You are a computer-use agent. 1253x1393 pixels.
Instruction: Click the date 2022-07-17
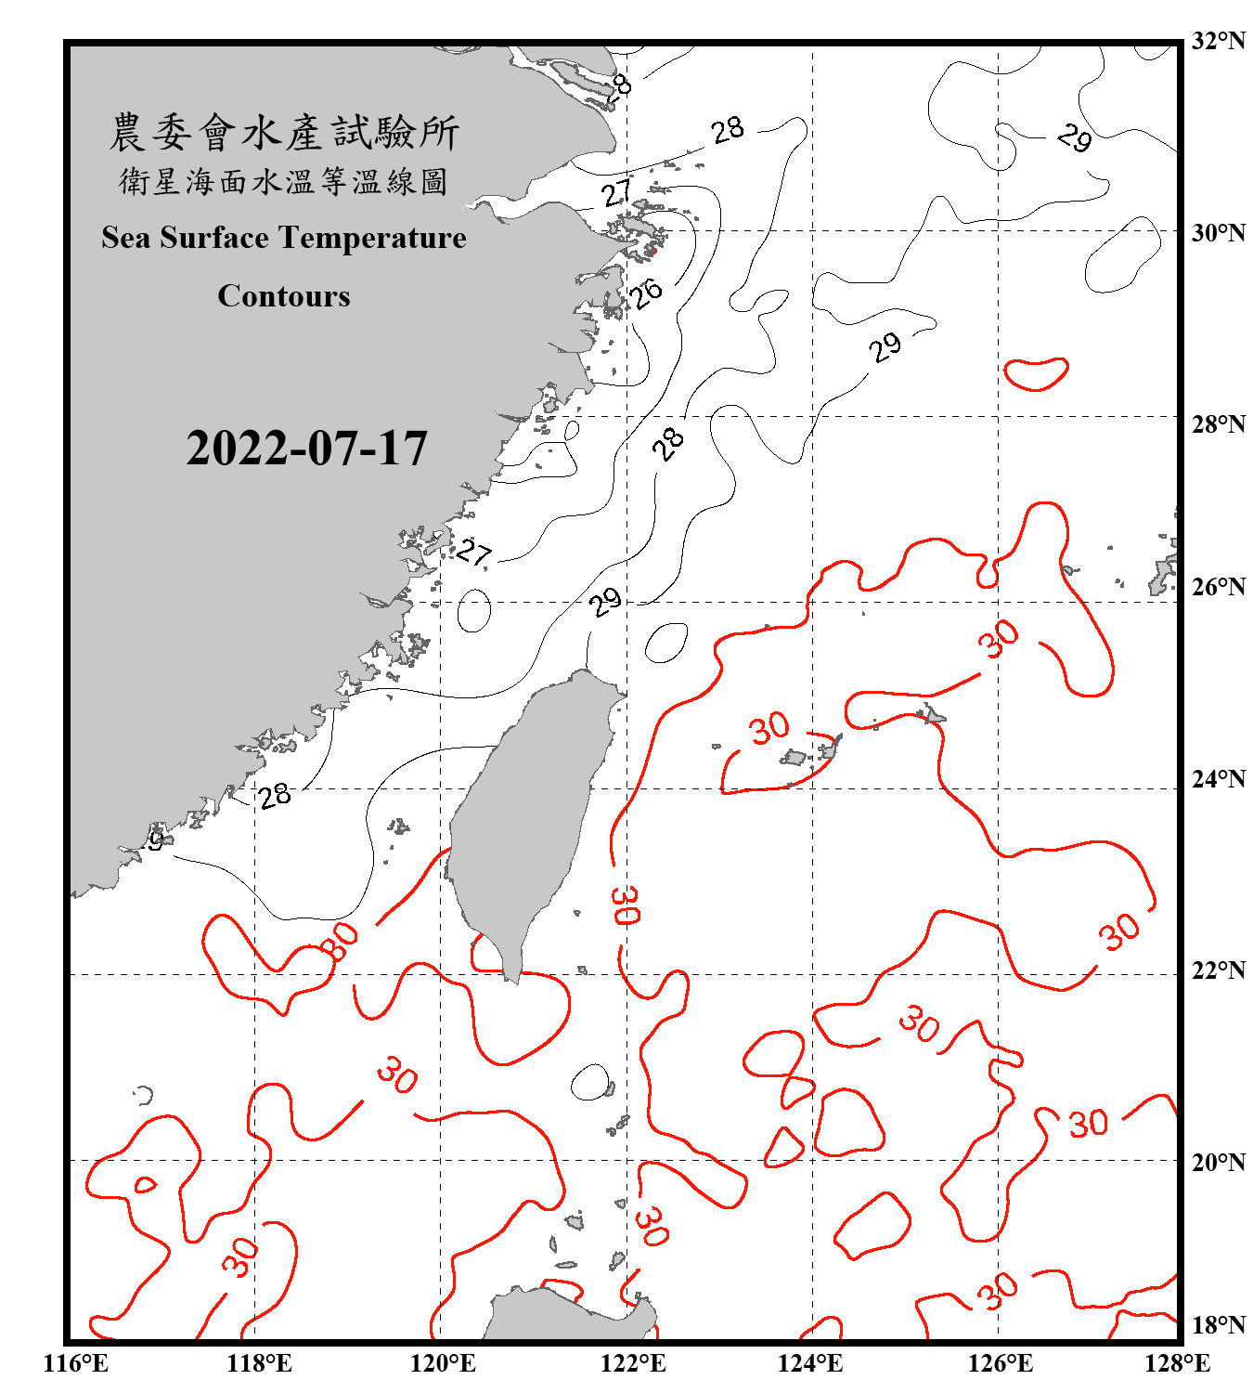coord(306,449)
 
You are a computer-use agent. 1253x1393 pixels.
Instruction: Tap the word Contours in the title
coord(284,296)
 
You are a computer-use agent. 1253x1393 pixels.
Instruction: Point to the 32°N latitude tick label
coord(1218,41)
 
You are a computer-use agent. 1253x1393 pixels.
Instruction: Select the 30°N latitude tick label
coord(1218,232)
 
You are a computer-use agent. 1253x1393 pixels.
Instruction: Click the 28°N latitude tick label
coord(1218,424)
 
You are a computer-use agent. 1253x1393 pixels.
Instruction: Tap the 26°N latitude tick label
coord(1218,587)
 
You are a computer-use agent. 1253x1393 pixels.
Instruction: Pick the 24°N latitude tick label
coord(1218,778)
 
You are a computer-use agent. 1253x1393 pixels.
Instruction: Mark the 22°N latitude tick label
coord(1218,970)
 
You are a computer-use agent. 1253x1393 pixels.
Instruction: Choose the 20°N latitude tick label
coord(1218,1162)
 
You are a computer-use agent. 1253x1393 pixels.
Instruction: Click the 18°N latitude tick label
coord(1218,1325)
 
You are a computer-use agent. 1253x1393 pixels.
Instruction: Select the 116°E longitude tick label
coord(76,1363)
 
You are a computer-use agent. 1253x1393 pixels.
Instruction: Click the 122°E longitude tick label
coord(633,1363)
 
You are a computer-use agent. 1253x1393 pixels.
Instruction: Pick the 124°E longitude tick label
coord(810,1363)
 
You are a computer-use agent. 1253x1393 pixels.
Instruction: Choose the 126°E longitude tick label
coord(1000,1363)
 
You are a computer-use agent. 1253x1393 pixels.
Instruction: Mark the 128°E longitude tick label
coord(1177,1363)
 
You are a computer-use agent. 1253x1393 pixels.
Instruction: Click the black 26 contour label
coord(647,293)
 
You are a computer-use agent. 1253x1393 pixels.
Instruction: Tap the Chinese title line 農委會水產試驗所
coord(284,133)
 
